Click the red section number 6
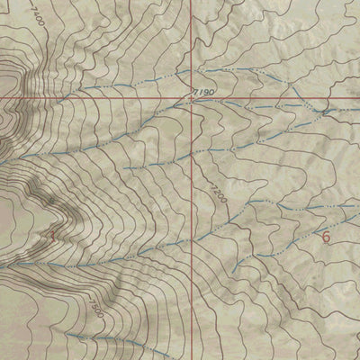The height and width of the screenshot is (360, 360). coord(326,238)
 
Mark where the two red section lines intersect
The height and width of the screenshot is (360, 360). coord(192,96)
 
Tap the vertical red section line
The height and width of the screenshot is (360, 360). coord(192,225)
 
